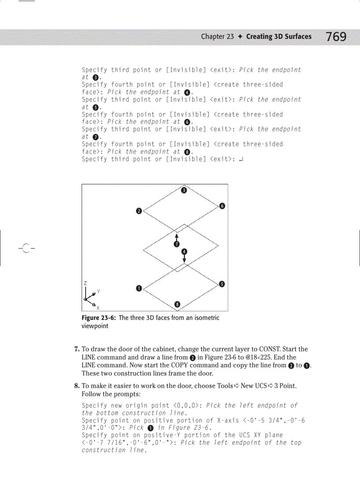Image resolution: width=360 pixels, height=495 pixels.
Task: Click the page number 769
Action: [337, 37]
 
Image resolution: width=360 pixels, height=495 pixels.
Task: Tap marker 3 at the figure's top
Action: [184, 190]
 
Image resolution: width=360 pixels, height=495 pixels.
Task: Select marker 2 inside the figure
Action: [139, 211]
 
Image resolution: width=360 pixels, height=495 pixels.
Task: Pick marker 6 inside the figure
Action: [222, 206]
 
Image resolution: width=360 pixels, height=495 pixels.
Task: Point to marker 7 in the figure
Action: [176, 244]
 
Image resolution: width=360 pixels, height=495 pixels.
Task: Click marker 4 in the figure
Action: [184, 252]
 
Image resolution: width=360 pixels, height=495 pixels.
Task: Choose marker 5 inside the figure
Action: [222, 284]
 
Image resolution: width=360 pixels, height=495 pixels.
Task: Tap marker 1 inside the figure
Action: [139, 288]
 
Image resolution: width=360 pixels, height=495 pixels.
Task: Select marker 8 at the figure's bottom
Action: [177, 304]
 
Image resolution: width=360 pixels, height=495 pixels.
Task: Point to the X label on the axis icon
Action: [98, 307]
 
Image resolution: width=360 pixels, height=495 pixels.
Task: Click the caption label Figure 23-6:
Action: [99, 318]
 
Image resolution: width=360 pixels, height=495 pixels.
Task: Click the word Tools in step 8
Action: [225, 386]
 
